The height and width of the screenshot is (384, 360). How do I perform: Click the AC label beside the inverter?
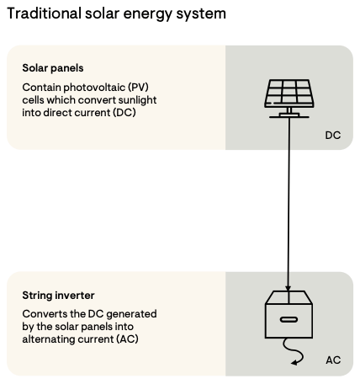point(333,360)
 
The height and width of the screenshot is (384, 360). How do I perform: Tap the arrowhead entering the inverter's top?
point(289,290)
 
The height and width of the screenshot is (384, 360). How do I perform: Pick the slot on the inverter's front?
point(289,320)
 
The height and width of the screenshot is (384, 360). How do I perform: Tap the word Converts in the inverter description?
point(44,313)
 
